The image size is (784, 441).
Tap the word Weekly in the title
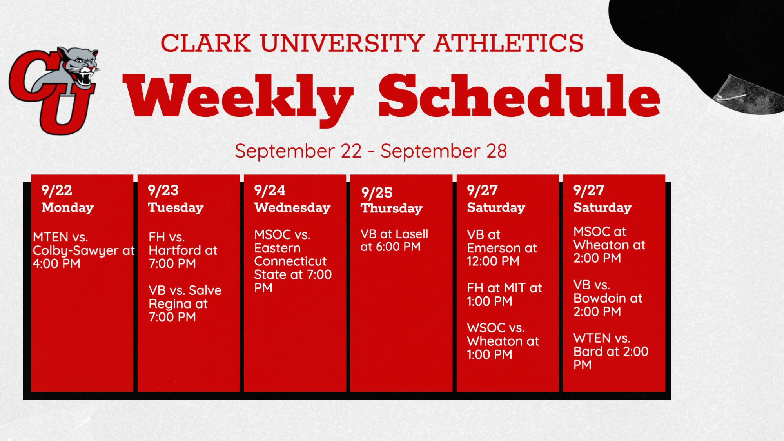(238, 100)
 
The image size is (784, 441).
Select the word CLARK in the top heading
(206, 43)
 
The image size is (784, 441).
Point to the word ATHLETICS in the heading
(508, 43)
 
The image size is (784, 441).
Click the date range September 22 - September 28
(371, 151)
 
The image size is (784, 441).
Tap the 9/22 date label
(57, 191)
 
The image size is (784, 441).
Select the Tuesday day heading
(176, 208)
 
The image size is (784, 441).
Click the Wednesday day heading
(292, 207)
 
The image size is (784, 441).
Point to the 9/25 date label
(377, 192)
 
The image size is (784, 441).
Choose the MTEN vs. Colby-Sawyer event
(83, 250)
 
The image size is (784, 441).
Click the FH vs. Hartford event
(183, 250)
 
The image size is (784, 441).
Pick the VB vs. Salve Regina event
(185, 303)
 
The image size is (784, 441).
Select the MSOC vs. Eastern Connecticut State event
(293, 261)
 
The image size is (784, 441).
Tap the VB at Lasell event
(394, 240)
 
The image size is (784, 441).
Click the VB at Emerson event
(502, 248)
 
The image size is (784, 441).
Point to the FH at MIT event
(505, 294)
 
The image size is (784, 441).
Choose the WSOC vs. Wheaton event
(503, 341)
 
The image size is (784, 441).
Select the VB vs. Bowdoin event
(608, 298)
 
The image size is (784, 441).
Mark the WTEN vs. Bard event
(611, 351)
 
